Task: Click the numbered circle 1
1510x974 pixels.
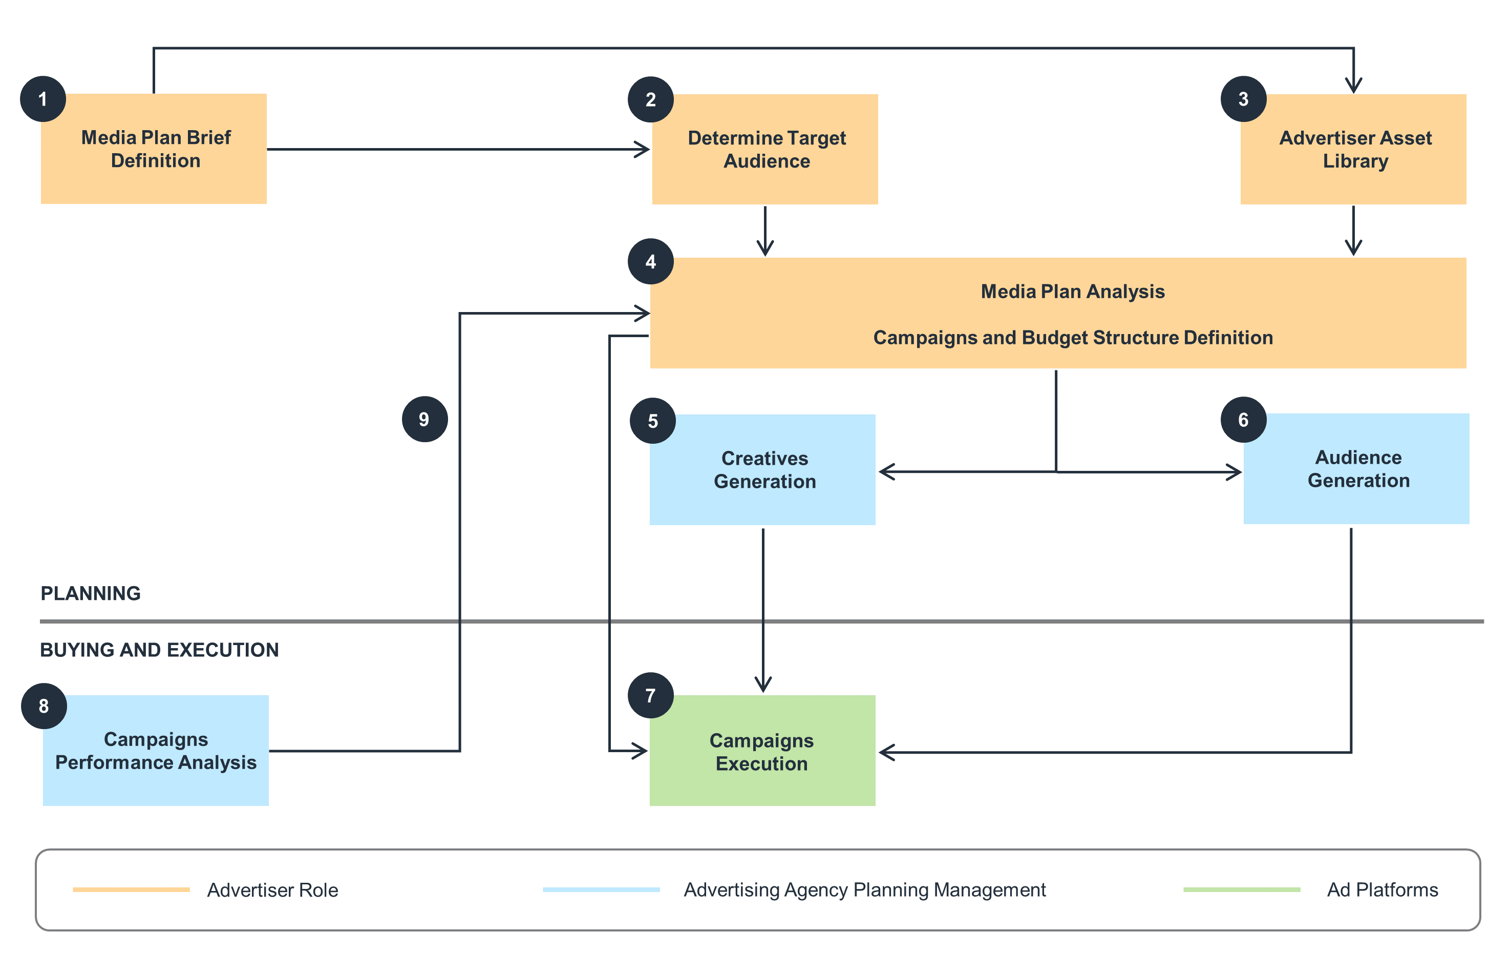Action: [x=43, y=99]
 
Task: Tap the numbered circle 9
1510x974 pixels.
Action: [x=425, y=419]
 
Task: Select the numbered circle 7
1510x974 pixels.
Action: [x=650, y=695]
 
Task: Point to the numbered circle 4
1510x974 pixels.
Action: [x=650, y=261]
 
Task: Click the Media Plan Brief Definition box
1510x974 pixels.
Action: [x=154, y=149]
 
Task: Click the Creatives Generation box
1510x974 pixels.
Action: [x=762, y=470]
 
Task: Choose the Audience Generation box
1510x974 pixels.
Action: [x=1356, y=469]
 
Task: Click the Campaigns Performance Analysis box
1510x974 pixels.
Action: [x=156, y=751]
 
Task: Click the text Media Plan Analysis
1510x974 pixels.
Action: [x=1072, y=292]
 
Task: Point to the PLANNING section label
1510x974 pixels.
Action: [x=91, y=593]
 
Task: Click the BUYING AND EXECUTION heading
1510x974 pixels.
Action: [x=159, y=650]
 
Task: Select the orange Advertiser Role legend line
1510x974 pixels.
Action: [x=131, y=889]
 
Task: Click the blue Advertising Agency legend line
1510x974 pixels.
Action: [x=601, y=889]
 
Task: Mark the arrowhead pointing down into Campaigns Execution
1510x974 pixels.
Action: [x=763, y=686]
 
